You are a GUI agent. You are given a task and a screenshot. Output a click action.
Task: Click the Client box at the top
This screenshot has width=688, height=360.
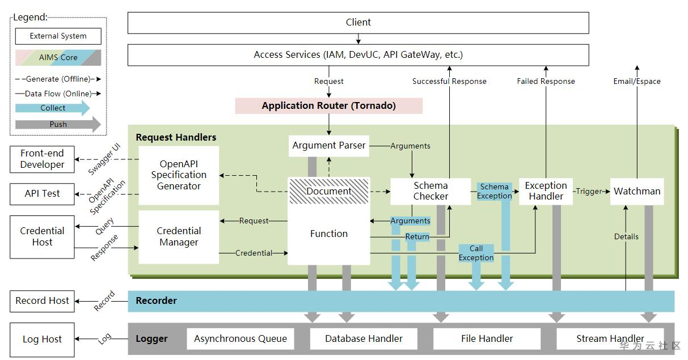[358, 23]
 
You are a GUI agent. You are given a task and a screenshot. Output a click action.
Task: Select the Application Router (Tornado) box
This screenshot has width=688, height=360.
[329, 106]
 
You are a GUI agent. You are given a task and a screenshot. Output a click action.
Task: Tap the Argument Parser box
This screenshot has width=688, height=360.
[329, 146]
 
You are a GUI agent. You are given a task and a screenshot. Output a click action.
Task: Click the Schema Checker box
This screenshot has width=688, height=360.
[430, 191]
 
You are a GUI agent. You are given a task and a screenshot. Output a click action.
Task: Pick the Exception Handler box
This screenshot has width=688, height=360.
[546, 191]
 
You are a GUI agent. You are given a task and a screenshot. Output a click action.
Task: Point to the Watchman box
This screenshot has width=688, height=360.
[637, 192]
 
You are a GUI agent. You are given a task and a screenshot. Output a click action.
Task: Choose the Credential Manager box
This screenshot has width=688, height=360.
[179, 237]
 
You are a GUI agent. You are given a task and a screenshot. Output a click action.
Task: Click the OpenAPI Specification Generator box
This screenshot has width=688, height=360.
[179, 175]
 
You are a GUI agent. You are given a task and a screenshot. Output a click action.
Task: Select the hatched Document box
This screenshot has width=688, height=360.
[329, 191]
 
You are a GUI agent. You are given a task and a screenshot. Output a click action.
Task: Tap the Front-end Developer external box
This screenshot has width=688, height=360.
[42, 159]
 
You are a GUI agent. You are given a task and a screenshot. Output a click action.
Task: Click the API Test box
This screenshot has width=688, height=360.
[42, 194]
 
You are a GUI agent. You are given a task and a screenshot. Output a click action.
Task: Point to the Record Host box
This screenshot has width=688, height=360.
[42, 301]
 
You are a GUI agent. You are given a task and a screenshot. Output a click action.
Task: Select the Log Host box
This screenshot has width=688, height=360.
[42, 339]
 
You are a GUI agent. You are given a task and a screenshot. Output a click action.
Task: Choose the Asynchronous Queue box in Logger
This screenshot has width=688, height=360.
[240, 339]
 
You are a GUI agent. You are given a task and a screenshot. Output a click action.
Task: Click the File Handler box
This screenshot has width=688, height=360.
[487, 339]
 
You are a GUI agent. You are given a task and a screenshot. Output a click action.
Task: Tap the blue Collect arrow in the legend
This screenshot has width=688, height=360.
[53, 108]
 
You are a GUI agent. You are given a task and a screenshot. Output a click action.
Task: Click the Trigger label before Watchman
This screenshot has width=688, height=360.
[589, 192]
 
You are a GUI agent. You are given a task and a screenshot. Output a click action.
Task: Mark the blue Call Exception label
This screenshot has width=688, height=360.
[476, 253]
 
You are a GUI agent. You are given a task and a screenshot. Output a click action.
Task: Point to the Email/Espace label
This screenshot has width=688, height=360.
[637, 82]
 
